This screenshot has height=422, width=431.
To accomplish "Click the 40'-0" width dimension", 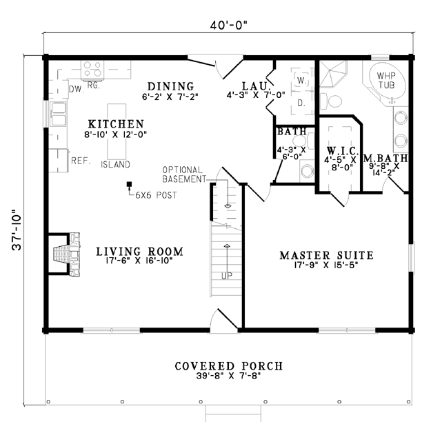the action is [x=229, y=26].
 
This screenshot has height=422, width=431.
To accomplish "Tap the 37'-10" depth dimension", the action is [x=17, y=230].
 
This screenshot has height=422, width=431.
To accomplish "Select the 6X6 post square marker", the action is [x=129, y=184].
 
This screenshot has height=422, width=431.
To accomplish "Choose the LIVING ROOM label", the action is [x=139, y=252].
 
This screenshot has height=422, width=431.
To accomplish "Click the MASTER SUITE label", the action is [x=327, y=255].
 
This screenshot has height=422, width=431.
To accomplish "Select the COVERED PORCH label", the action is [x=229, y=366].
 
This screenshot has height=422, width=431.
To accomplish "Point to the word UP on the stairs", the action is [x=227, y=276].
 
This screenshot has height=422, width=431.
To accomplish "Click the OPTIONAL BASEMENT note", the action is [x=184, y=174].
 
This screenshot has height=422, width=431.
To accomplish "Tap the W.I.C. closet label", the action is [x=343, y=150].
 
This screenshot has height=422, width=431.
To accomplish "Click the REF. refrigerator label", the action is [x=81, y=161].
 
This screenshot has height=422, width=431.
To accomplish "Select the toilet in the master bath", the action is [x=331, y=101].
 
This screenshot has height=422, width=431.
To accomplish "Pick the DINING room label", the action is [x=171, y=86].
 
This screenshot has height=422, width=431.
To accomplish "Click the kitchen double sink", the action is [x=58, y=114].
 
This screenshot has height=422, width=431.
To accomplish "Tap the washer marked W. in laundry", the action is [x=301, y=80].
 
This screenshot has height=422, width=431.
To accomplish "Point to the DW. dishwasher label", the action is [x=77, y=89].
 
